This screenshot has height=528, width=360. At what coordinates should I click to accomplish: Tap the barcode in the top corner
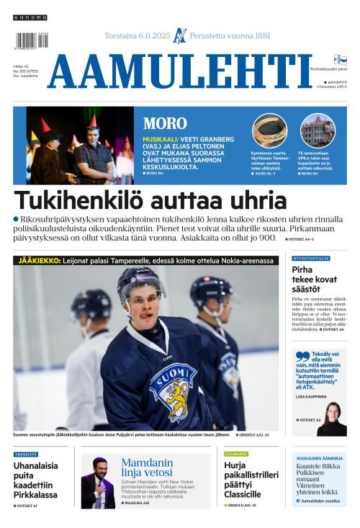coord(31,40)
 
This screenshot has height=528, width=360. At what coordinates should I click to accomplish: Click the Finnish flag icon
coord(340,60)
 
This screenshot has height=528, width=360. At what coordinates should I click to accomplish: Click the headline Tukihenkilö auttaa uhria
coord(150,201)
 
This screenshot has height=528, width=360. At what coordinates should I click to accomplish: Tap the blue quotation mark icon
coord(302,356)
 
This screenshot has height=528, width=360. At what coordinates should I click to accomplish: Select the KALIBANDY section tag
coord(235,455)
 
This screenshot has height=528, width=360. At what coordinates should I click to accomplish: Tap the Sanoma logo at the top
coord(30,17)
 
